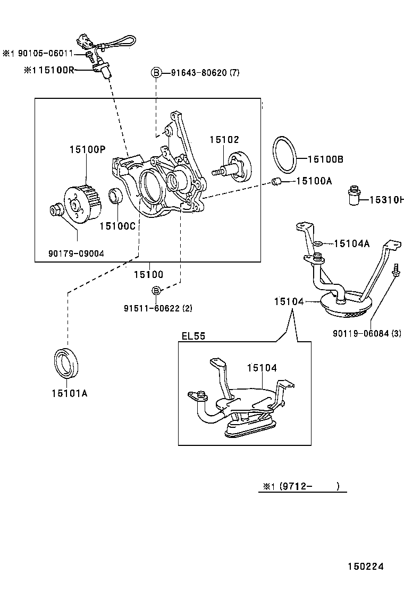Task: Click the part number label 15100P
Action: pyautogui.click(x=87, y=150)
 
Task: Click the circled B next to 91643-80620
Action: pyautogui.click(x=156, y=72)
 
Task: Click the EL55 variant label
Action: pyautogui.click(x=193, y=336)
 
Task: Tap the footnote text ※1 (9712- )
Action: pyautogui.click(x=301, y=486)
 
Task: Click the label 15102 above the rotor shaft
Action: pyautogui.click(x=224, y=139)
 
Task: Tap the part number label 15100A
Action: pyautogui.click(x=314, y=181)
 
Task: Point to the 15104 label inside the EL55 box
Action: pyautogui.click(x=262, y=367)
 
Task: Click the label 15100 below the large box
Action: pyautogui.click(x=148, y=275)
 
